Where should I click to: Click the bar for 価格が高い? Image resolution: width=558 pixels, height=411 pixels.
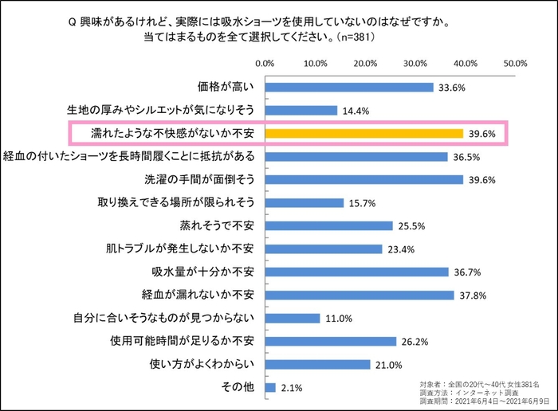click(348, 87)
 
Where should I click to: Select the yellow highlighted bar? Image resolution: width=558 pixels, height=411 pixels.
click(363, 133)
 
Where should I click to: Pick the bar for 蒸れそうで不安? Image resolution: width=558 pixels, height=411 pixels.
click(328, 225)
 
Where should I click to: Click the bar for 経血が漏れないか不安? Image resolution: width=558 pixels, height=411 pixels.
click(359, 296)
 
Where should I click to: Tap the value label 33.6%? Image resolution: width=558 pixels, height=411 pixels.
click(452, 88)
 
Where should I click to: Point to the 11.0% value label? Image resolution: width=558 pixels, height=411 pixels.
click(339, 319)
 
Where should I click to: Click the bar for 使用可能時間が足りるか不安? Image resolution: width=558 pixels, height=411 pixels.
click(330, 342)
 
